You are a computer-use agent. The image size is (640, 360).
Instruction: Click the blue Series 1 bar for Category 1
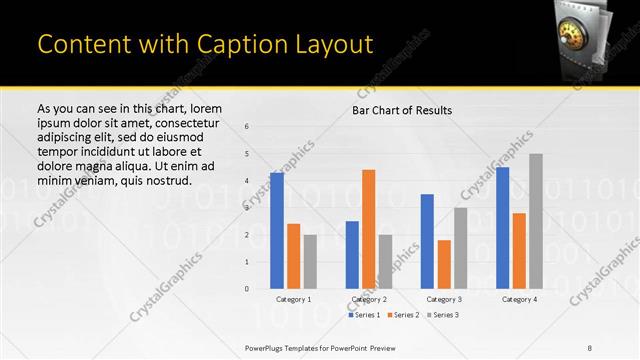[277, 230]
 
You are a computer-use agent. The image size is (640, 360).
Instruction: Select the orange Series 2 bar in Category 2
[368, 229]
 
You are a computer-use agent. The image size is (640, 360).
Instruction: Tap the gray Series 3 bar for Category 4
[536, 221]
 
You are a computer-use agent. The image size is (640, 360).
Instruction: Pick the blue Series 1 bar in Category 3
[427, 241]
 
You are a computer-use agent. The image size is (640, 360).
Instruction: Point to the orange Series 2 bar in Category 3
[444, 264]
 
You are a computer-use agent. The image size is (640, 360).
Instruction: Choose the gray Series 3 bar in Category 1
[310, 261]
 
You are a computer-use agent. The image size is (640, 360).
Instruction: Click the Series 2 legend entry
[404, 315]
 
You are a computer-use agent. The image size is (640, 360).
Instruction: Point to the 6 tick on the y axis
[247, 126]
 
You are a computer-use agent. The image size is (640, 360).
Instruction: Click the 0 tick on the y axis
[247, 289]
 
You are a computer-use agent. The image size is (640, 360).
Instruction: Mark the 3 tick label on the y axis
[247, 208]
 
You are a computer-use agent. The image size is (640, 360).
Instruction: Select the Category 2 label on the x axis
[368, 299]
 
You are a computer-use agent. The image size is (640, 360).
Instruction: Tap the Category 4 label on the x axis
[519, 299]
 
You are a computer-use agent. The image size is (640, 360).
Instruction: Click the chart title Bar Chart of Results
[402, 109]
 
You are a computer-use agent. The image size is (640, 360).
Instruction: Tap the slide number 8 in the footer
[590, 346]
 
